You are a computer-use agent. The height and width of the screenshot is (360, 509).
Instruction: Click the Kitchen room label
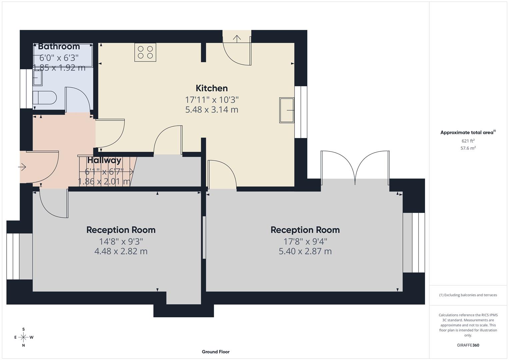pyautogui.click(x=212, y=88)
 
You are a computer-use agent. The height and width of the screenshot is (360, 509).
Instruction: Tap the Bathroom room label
pyautogui.click(x=59, y=47)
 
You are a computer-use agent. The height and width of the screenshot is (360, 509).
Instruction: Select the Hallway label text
pyautogui.click(x=104, y=160)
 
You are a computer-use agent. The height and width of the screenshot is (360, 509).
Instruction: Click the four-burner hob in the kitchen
pyautogui.click(x=145, y=52)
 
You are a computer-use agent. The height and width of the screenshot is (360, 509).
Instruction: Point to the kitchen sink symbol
pyautogui.click(x=287, y=110)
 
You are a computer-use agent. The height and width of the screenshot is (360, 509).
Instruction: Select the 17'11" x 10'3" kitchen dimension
pyautogui.click(x=212, y=100)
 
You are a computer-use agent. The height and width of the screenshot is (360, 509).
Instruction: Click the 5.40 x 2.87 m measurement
pyautogui.click(x=305, y=251)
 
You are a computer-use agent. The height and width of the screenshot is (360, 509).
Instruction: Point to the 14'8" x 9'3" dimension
pyautogui.click(x=121, y=241)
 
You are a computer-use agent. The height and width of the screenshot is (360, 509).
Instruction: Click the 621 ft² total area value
pyautogui.click(x=468, y=141)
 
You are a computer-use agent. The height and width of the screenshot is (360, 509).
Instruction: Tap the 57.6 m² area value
pyautogui.click(x=468, y=148)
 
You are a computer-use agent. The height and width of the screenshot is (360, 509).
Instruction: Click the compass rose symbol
pyautogui.click(x=23, y=337)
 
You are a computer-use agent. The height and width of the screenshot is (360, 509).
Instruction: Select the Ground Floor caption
pyautogui.click(x=216, y=352)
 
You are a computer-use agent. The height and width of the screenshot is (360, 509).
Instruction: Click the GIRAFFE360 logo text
pyautogui.click(x=468, y=345)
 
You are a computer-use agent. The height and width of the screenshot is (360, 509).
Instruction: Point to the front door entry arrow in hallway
pyautogui.click(x=23, y=167)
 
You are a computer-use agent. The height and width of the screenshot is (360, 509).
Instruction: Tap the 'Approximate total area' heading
pyautogui.click(x=468, y=132)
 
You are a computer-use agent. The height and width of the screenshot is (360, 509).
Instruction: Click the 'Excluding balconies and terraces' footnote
pyautogui.click(x=468, y=295)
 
